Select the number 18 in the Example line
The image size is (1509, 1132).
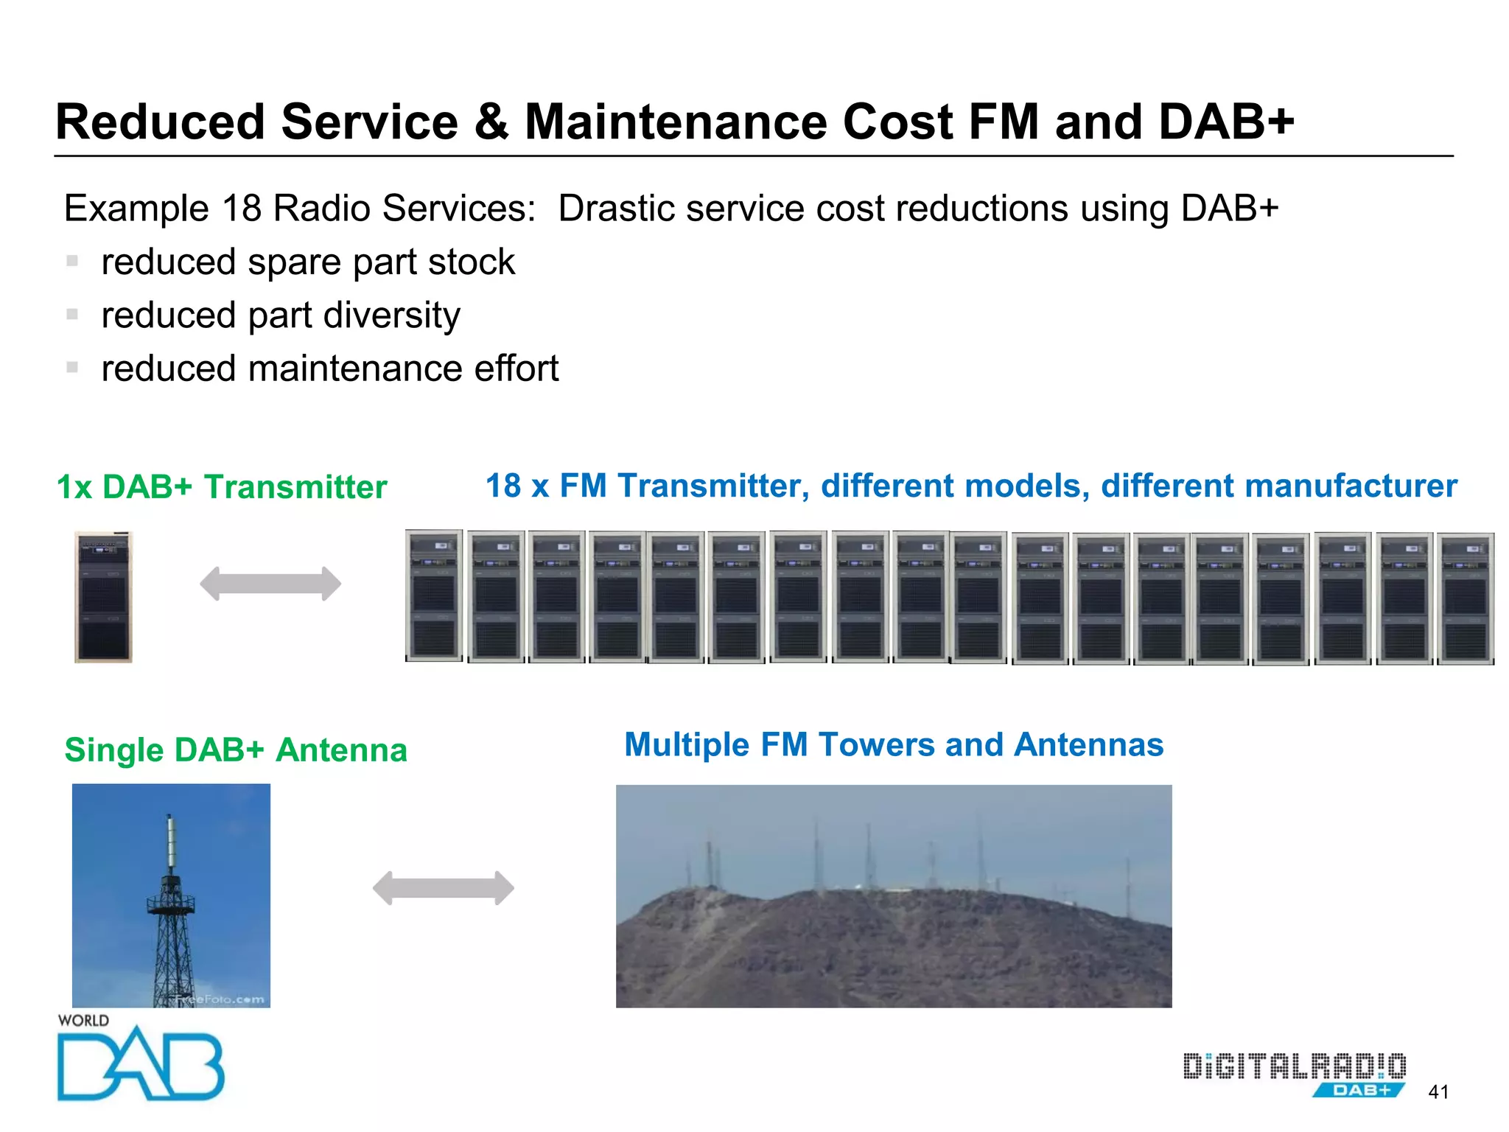(x=242, y=209)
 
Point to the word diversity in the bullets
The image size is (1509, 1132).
(x=392, y=315)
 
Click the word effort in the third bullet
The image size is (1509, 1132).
(x=517, y=368)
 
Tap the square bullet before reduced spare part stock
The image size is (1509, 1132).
(x=72, y=261)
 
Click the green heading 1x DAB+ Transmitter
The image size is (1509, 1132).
(x=222, y=487)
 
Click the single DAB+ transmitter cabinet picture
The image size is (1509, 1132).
(x=104, y=597)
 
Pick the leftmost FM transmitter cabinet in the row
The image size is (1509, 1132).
(x=434, y=595)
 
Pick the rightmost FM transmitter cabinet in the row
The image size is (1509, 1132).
(x=1466, y=598)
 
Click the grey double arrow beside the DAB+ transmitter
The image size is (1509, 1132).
(x=270, y=584)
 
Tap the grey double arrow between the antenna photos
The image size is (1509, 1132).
(x=444, y=888)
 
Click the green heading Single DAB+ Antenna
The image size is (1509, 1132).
(x=236, y=750)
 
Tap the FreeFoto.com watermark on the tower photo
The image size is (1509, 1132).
(x=220, y=999)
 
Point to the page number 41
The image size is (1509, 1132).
(x=1438, y=1091)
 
